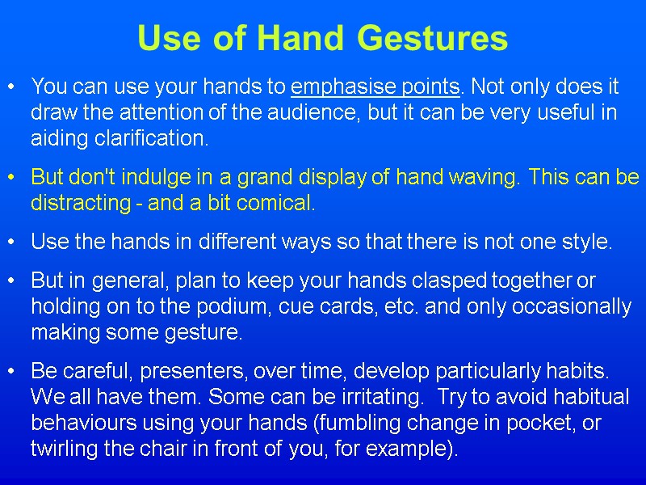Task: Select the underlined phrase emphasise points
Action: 375,86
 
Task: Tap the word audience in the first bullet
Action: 323,112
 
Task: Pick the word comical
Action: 275,203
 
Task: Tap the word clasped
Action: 449,280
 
